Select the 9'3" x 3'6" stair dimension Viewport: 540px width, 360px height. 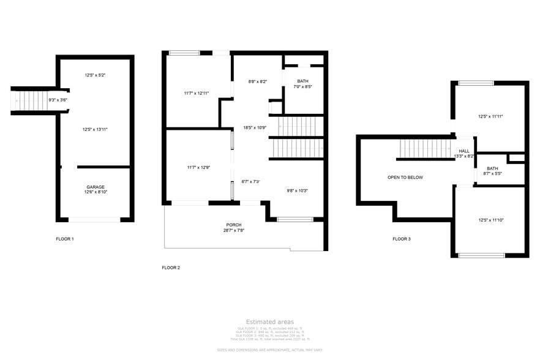coord(58,100)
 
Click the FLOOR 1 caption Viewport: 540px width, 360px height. coord(64,239)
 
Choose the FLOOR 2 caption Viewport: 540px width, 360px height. coord(171,268)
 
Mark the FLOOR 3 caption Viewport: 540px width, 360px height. coord(401,239)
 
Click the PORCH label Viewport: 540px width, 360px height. coord(234,224)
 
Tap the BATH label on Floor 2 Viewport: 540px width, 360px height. coord(303,81)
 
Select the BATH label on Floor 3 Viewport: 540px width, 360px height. coord(493,168)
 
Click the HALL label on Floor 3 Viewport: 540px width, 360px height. coord(464,151)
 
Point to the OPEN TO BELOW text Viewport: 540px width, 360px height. coord(405,178)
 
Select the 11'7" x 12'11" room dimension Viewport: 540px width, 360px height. coord(197,93)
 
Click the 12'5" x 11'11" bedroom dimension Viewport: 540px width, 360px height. coord(490,116)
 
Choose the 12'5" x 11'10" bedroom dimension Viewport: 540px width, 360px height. coord(490,220)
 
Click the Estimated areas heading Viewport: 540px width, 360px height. coord(269,322)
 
